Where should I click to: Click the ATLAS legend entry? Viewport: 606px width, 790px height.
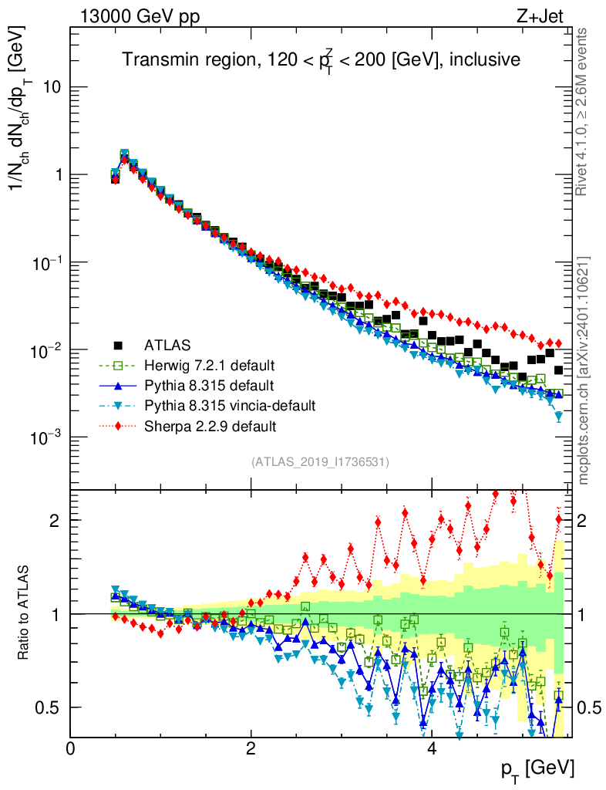[x=162, y=344]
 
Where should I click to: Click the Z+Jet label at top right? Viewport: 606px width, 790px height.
[x=545, y=15]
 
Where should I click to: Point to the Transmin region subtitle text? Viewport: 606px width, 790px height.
[x=321, y=59]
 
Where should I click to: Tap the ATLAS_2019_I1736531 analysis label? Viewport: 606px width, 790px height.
[x=320, y=462]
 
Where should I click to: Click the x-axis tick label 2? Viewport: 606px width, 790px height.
[x=251, y=748]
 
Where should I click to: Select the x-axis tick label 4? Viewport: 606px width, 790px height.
[x=432, y=748]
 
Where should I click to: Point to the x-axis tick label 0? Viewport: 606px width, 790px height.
[x=70, y=748]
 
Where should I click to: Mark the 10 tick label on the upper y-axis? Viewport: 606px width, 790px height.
[x=51, y=87]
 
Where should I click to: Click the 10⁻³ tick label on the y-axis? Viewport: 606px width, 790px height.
[x=45, y=437]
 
